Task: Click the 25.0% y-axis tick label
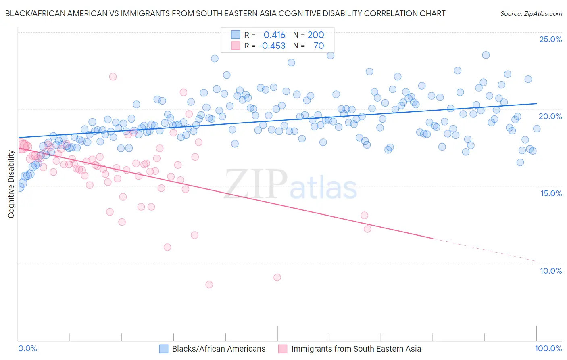pyautogui.click(x=550, y=39)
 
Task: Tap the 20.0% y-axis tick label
pyautogui.click(x=550, y=116)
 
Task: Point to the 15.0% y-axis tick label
pyautogui.click(x=551, y=193)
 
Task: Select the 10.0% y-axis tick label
pyautogui.click(x=551, y=271)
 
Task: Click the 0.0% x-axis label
pyautogui.click(x=27, y=349)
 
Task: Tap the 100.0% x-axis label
pyautogui.click(x=548, y=349)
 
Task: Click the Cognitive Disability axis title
pyautogui.click(x=11, y=184)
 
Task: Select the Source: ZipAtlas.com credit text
pyautogui.click(x=531, y=13)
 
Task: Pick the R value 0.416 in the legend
pyautogui.click(x=274, y=35)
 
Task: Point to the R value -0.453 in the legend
pyautogui.click(x=272, y=46)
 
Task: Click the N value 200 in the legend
pyautogui.click(x=316, y=35)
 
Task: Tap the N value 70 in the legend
pyautogui.click(x=319, y=46)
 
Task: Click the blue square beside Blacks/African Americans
pyautogui.click(x=163, y=349)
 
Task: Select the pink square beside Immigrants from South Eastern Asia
pyautogui.click(x=283, y=349)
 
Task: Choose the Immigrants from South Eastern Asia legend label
pyautogui.click(x=356, y=349)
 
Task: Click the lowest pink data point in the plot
pyautogui.click(x=209, y=285)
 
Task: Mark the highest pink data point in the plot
pyautogui.click(x=113, y=77)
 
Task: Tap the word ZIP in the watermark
pyautogui.click(x=256, y=184)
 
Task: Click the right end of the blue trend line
pyautogui.click(x=536, y=104)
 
